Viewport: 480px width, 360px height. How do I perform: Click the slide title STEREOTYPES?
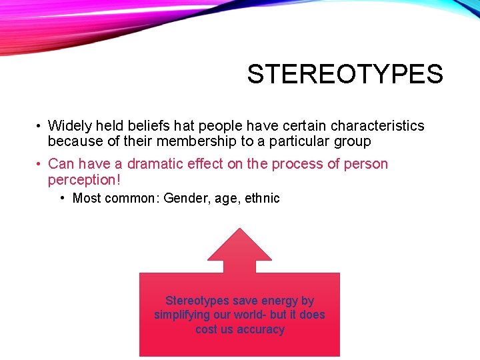[345, 74]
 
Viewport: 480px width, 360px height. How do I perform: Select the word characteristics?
[377, 126]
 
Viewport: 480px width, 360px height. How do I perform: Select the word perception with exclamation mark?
[85, 180]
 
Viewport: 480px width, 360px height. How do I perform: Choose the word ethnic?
[261, 198]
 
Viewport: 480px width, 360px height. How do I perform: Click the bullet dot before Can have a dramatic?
[40, 165]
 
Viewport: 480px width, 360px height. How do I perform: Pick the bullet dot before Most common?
[62, 198]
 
